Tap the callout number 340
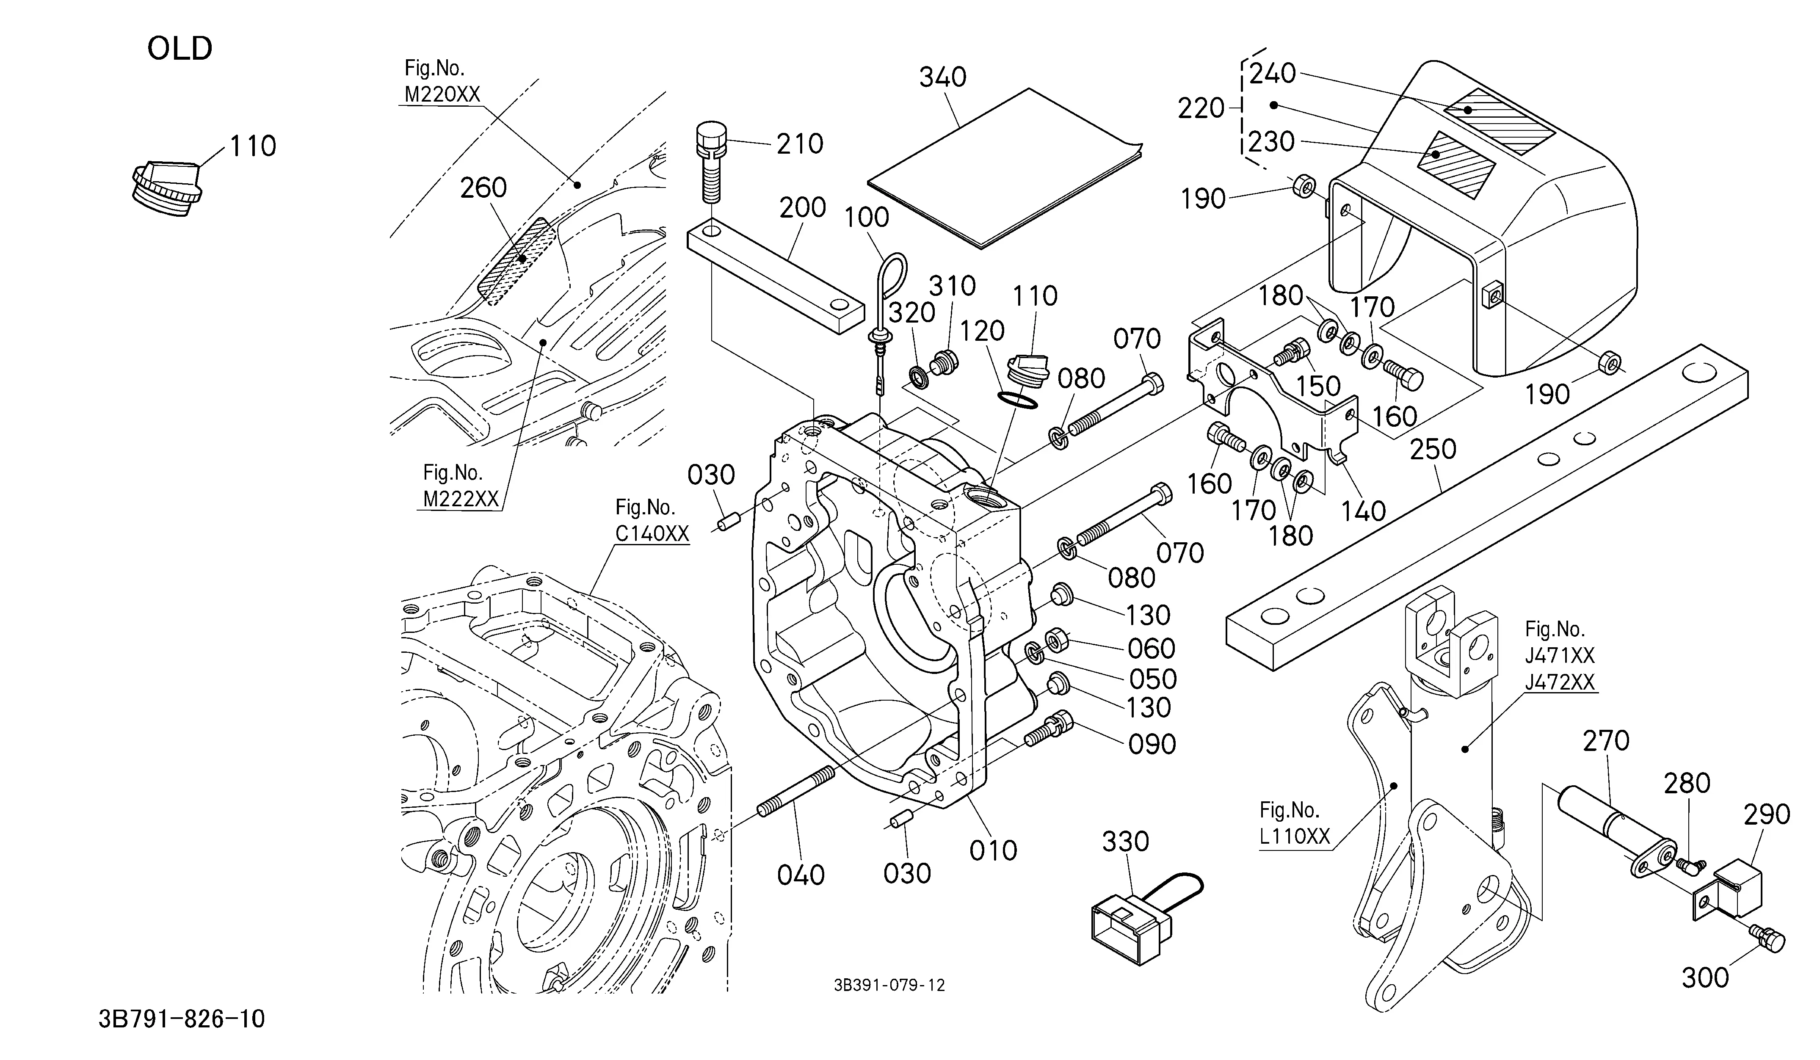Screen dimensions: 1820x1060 coord(942,77)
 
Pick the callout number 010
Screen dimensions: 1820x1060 coord(993,850)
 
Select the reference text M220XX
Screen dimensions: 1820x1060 coord(442,94)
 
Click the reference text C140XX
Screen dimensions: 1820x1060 coord(652,534)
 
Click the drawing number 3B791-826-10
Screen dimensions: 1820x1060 coord(182,1019)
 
